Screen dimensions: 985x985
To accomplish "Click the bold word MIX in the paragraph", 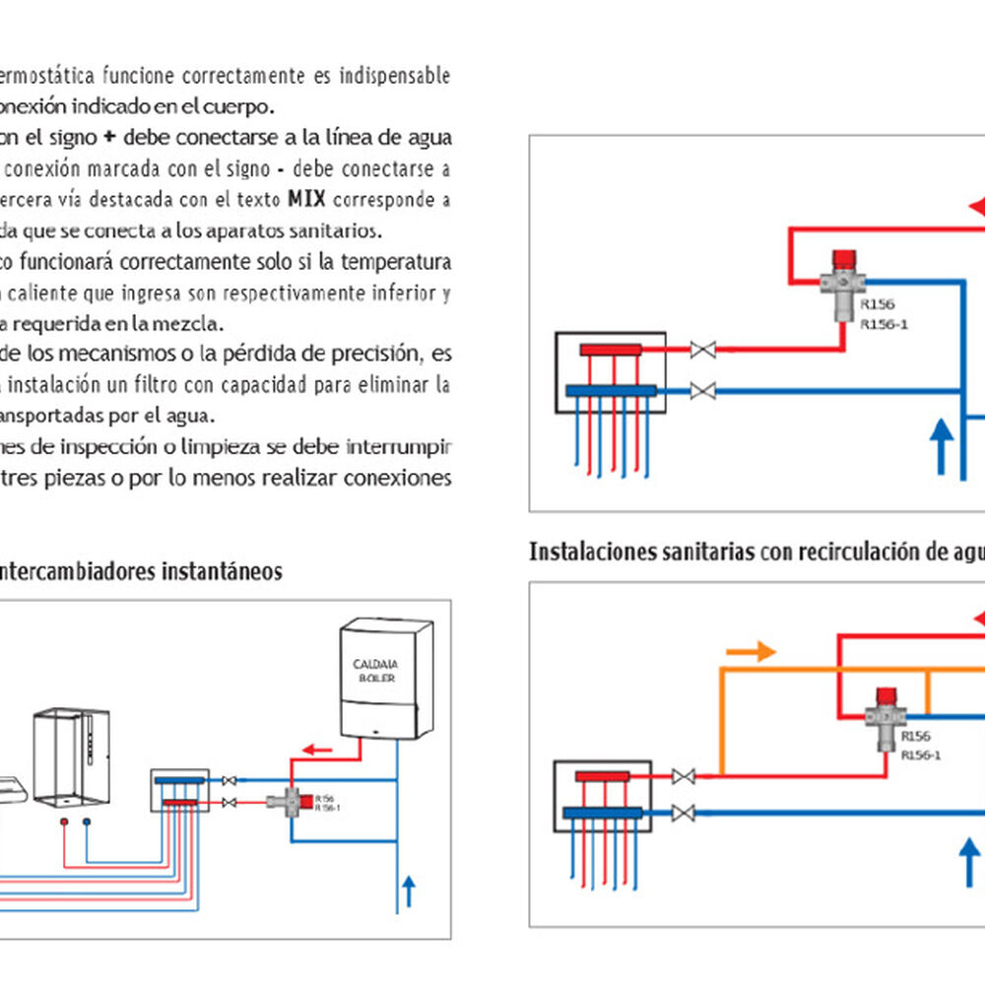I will [306, 201].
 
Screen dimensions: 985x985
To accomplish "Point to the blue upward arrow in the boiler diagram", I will [409, 890].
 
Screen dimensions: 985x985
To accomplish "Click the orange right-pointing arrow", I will [751, 651].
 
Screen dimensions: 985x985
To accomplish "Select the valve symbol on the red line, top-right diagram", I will [702, 349].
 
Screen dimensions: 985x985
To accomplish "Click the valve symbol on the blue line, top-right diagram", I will [702, 391].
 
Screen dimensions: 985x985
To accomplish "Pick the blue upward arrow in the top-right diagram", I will [942, 442].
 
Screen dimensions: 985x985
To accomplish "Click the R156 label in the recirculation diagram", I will [915, 736].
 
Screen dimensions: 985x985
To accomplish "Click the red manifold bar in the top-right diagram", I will [611, 350].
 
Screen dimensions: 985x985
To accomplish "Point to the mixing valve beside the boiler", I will [292, 801].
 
